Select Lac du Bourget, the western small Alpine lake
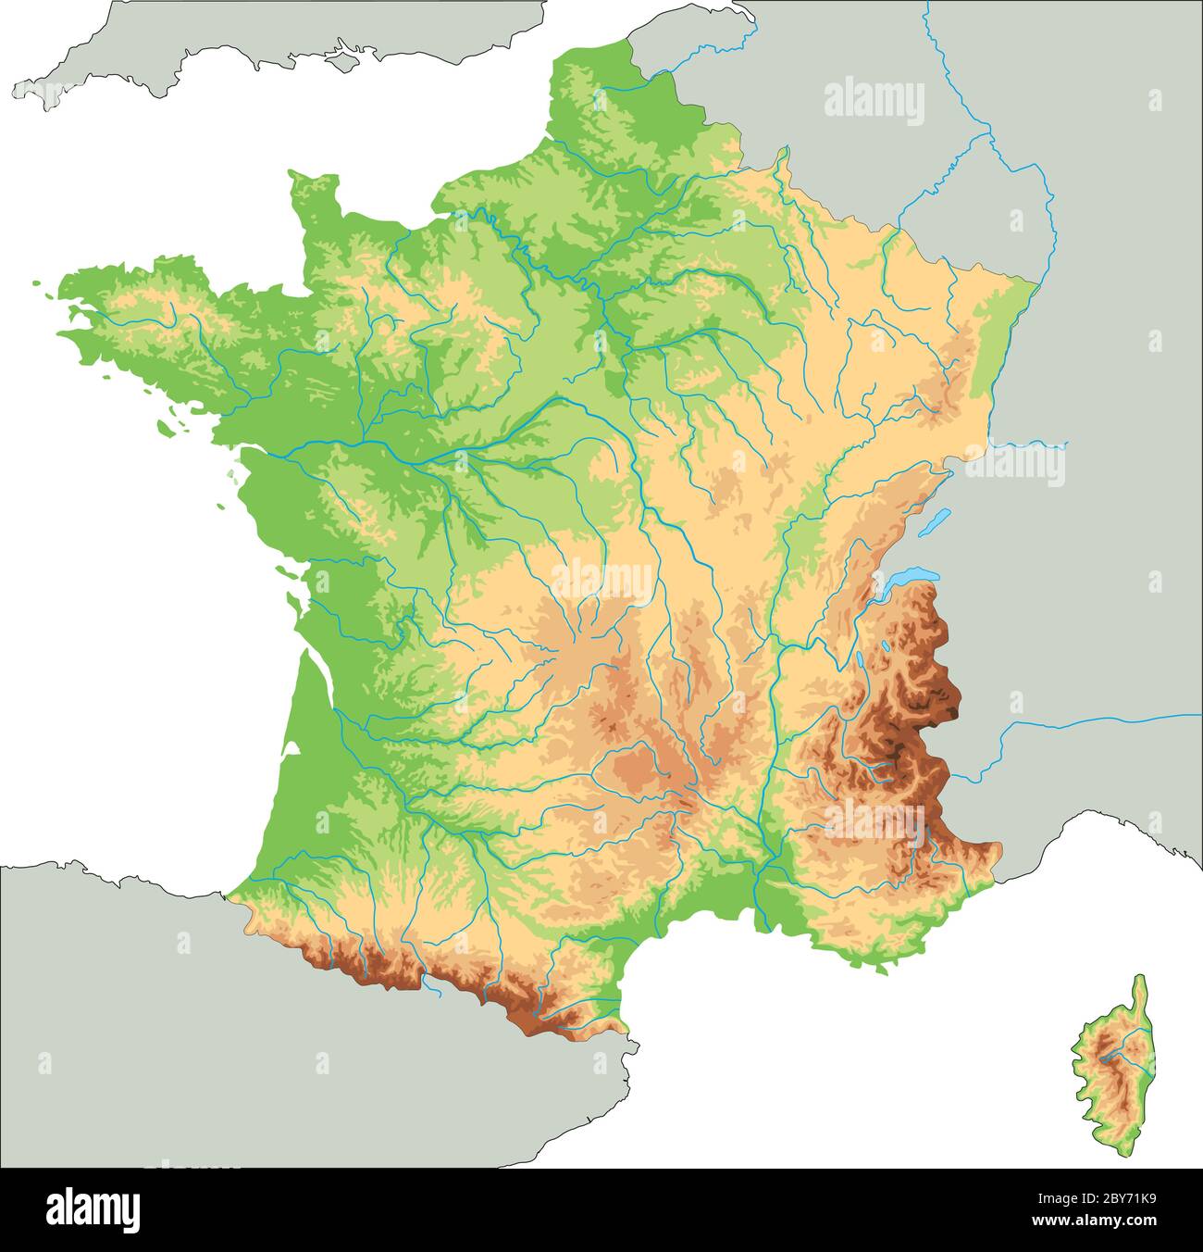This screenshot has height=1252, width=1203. coord(862,661)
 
